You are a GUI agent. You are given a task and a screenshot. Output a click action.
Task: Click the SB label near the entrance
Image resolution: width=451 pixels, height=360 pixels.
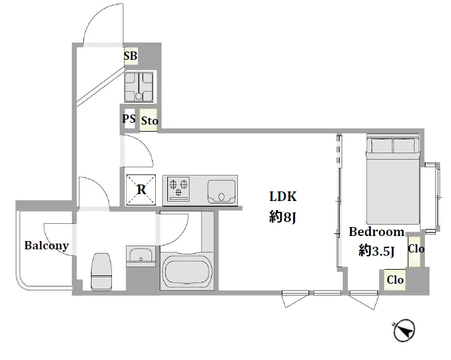coord(130,56)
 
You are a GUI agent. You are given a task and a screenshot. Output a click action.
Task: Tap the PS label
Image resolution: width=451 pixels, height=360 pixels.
coord(128,118)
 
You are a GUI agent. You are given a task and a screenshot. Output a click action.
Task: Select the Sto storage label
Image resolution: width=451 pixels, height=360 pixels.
coord(149,120)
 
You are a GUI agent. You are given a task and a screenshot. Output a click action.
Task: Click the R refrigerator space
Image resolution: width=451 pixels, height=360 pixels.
coord(141,190)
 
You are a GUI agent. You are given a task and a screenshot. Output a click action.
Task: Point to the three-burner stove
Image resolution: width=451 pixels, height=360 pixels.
coord(178,188)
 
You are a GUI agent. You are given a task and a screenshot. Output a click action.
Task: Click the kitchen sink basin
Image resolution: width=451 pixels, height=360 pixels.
coord(221,191)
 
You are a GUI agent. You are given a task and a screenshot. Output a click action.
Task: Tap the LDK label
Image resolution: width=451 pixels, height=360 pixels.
coord(282,197)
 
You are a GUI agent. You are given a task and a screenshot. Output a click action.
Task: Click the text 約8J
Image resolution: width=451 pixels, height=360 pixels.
coord(282,217)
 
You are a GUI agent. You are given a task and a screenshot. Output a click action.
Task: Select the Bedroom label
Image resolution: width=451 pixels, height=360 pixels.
coord(377,232)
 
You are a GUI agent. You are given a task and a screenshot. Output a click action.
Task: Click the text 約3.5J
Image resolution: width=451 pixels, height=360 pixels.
coord(376,251)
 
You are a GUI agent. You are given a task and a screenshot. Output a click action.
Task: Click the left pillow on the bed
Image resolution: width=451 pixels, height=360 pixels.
coord(382,146)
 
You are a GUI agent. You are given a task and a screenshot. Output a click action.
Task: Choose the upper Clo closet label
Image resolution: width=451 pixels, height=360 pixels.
coord(416,249)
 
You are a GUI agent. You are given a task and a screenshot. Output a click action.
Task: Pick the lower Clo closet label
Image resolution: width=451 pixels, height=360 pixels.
coord(395,279)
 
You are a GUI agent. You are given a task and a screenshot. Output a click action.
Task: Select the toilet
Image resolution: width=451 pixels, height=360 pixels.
coord(101,272)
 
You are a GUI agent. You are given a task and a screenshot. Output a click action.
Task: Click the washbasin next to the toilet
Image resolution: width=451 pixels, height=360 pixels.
coord(141,254)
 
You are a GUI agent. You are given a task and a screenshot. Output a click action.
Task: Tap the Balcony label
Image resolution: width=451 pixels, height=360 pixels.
coord(46,246)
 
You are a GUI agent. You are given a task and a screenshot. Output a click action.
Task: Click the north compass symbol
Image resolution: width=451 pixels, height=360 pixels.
coord(404,330)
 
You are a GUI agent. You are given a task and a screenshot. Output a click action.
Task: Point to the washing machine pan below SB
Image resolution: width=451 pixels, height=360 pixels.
coord(139,87)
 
